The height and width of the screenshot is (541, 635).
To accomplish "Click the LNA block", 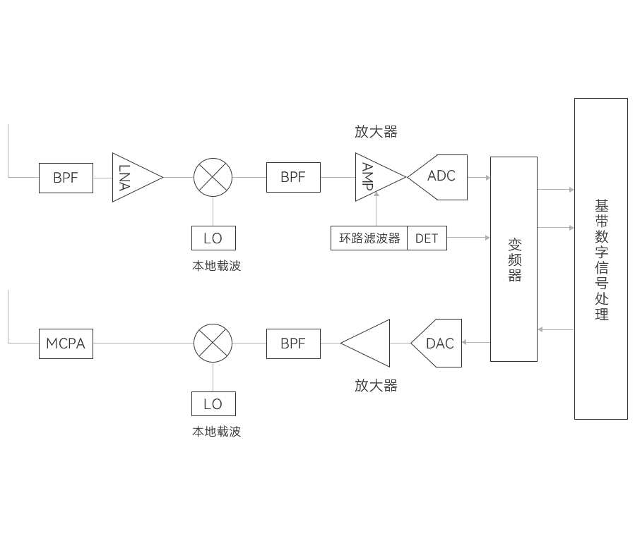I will click(133, 177).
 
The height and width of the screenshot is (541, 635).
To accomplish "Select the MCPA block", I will click(66, 344).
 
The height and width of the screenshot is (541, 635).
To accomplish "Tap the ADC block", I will click(437, 176).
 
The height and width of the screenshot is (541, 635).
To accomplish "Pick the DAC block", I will click(436, 344).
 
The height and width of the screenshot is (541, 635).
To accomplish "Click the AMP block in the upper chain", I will click(380, 177).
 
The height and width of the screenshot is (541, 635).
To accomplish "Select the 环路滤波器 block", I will click(369, 238).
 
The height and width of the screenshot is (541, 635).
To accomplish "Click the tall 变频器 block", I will click(513, 259).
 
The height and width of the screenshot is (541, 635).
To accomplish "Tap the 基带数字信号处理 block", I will click(600, 259).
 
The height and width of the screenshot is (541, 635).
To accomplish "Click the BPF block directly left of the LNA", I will click(66, 177).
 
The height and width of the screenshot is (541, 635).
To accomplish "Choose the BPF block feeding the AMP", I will click(293, 177).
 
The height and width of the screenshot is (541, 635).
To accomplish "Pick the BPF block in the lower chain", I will click(293, 344).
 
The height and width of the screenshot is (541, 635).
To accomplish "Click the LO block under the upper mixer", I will click(213, 238).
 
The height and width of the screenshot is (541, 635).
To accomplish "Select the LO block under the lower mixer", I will click(213, 403).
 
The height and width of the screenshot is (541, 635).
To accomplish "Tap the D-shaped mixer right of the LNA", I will click(211, 177).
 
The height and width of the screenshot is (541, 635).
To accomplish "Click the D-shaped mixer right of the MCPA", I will click(211, 344).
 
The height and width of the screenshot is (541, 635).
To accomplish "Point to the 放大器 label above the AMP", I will click(376, 132).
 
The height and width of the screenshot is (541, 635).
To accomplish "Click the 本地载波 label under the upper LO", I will click(216, 266).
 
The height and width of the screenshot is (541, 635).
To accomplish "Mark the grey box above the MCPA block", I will click(23, 315).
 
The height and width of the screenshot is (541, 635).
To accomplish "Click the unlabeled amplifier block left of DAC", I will click(368, 344).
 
